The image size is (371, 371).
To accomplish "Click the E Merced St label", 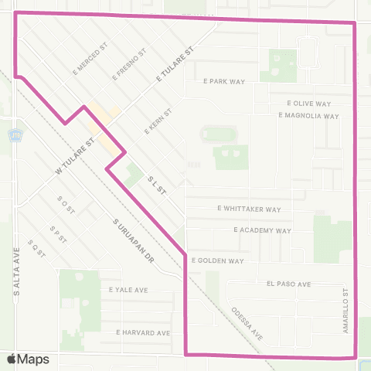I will click(x=97, y=54).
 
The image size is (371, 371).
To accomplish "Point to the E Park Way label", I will click(x=224, y=80).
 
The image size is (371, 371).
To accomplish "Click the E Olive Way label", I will click(x=308, y=103).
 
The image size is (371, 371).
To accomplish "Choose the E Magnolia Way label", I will click(x=308, y=116).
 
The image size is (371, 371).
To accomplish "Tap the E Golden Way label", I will click(x=218, y=261).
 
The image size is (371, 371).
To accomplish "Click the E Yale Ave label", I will click(x=128, y=291).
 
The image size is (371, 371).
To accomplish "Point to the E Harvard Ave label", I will click(x=142, y=332).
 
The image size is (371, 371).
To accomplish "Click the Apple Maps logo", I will click(x=28, y=359).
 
